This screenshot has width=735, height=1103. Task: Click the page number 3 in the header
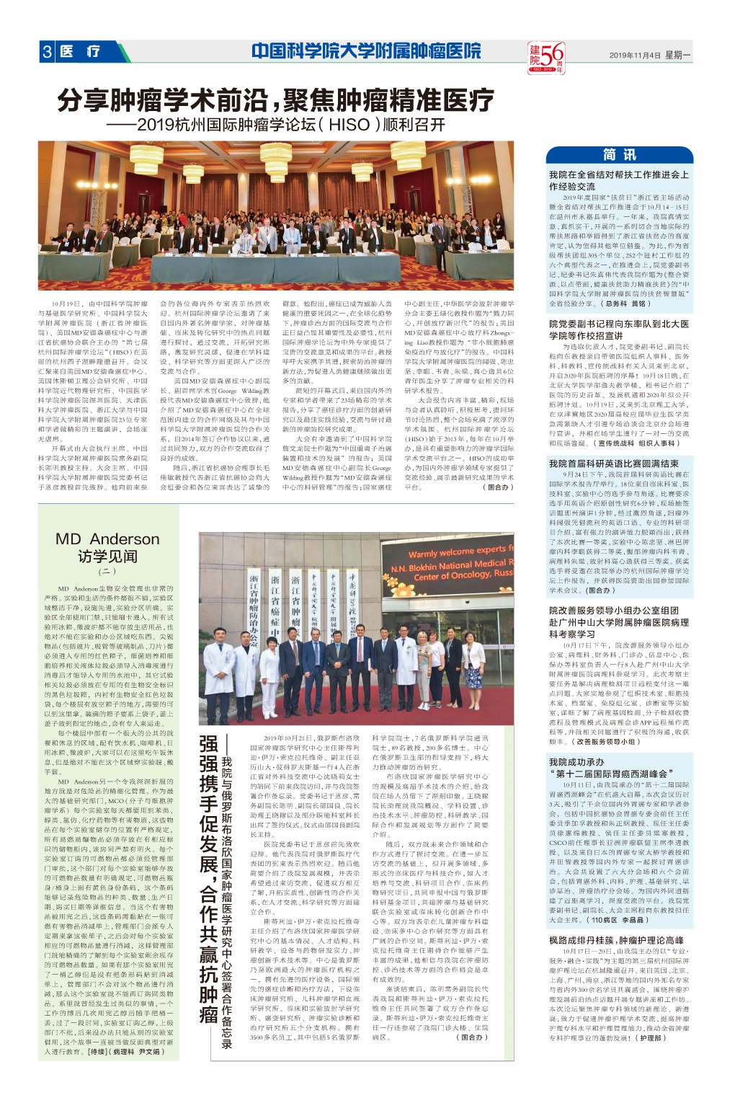click(48, 52)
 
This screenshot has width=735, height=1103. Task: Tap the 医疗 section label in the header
click(81, 52)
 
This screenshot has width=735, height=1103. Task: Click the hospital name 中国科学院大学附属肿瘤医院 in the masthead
click(366, 51)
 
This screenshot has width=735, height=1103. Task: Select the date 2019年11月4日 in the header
click(634, 55)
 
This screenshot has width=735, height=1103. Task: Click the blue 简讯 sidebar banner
click(619, 155)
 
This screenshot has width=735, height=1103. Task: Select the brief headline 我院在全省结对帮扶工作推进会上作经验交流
click(618, 180)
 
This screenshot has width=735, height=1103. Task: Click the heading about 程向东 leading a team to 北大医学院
click(618, 329)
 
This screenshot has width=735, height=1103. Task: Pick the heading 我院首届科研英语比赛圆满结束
click(613, 464)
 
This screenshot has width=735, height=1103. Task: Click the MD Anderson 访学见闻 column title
click(107, 547)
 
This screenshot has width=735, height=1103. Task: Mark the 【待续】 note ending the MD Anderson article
click(96, 1051)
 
